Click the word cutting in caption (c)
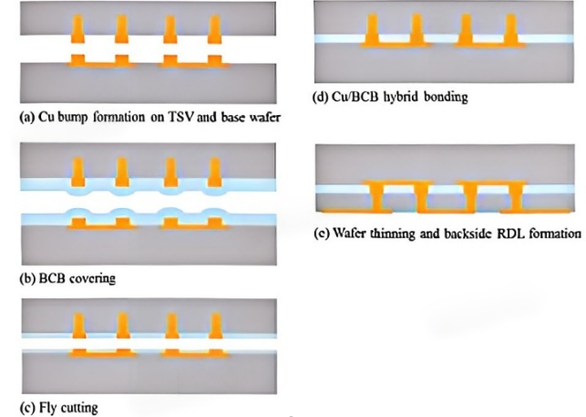point(79,407)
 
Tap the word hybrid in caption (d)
point(401,97)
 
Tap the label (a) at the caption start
point(27,118)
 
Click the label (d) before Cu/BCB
point(320,97)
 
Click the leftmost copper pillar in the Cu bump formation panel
point(77,29)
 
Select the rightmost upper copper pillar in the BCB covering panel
point(214,172)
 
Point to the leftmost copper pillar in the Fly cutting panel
point(79,326)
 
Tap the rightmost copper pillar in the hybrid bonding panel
point(510,29)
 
